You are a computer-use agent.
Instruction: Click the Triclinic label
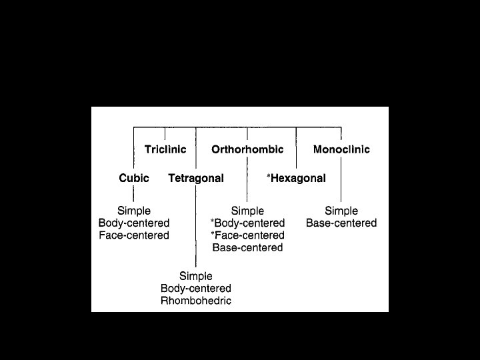tap(165, 149)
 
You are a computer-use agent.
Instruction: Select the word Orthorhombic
tap(247, 149)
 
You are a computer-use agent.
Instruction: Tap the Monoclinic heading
tap(341, 149)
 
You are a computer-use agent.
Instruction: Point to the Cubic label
tap(134, 178)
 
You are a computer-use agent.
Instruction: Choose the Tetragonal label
tap(196, 178)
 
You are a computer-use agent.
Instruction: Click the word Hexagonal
tap(298, 178)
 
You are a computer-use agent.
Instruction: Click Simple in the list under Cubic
tap(134, 211)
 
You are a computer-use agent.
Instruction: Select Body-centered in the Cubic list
tap(134, 223)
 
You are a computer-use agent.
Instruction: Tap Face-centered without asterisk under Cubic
tap(134, 235)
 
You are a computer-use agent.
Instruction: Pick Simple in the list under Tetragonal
tap(196, 276)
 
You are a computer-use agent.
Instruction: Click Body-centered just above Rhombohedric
tap(196, 288)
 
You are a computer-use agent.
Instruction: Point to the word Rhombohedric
tap(196, 301)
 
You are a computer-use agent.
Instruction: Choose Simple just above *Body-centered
tap(247, 211)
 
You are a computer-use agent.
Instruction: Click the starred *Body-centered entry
tap(247, 223)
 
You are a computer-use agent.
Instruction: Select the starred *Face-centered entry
tap(247, 235)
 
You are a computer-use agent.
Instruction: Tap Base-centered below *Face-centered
tap(247, 247)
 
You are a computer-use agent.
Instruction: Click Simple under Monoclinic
tap(341, 211)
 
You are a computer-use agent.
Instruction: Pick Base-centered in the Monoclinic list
tap(341, 223)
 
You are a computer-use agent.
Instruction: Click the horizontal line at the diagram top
tap(237, 127)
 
